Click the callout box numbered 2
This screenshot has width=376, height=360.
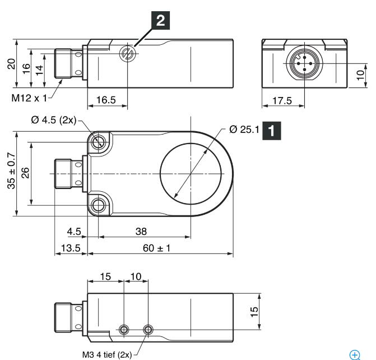point(160,20)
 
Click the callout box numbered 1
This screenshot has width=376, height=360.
point(271,131)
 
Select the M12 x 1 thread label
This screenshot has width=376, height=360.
point(29,98)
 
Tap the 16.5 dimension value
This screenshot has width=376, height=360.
point(106,100)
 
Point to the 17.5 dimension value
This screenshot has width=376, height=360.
point(282,100)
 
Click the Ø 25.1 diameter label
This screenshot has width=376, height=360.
point(244,130)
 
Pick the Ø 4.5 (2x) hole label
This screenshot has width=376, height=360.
point(54,120)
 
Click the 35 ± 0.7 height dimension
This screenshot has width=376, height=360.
point(11,170)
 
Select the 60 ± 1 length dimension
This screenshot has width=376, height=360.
point(156,248)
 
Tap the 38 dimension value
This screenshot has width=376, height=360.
point(141,232)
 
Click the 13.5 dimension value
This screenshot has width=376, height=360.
point(71,248)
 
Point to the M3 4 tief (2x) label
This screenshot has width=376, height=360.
point(107,354)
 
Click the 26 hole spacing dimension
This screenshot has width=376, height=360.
point(25,173)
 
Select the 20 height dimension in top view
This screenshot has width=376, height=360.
point(11,64)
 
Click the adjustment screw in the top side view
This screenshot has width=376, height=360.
point(127,53)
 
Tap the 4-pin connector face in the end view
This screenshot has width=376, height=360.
point(304,63)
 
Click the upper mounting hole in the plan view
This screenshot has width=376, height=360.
point(98,142)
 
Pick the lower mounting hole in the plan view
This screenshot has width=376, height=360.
point(98,205)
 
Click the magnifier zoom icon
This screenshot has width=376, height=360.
point(355,355)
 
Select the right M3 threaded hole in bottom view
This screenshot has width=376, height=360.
point(148,330)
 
